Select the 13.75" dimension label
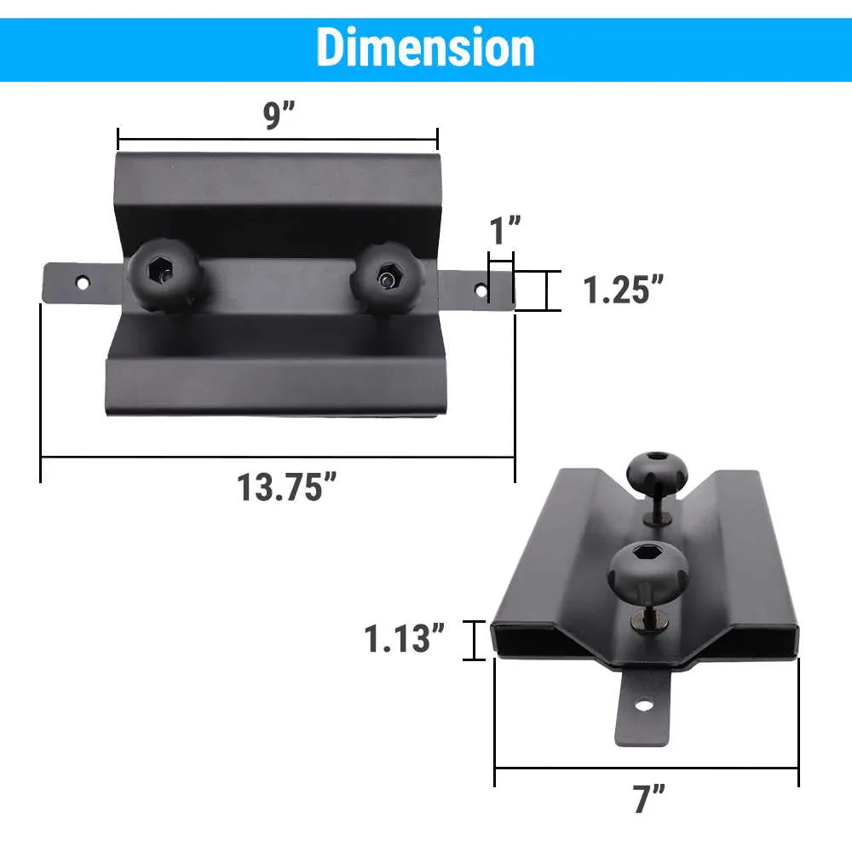pyautogui.click(x=285, y=487)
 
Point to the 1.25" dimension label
pyautogui.click(x=623, y=290)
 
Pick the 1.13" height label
pyautogui.click(x=406, y=638)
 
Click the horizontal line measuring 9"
pyautogui.click(x=277, y=139)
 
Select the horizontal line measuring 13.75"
pyautogui.click(x=277, y=458)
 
